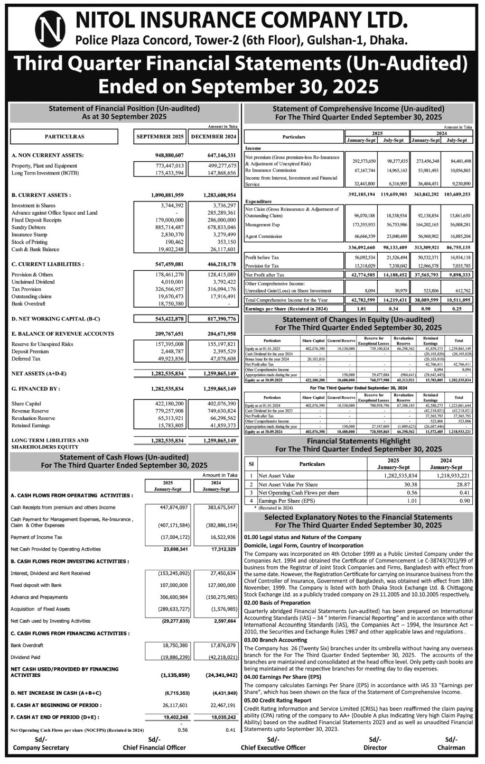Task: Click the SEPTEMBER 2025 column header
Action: pyautogui.click(x=161, y=136)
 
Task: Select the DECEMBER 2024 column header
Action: pyautogui.click(x=213, y=136)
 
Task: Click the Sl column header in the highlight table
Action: pyautogui.click(x=252, y=464)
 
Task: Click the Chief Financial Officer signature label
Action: pyautogui.click(x=154, y=748)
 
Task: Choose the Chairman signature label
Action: pyautogui.click(x=451, y=748)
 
